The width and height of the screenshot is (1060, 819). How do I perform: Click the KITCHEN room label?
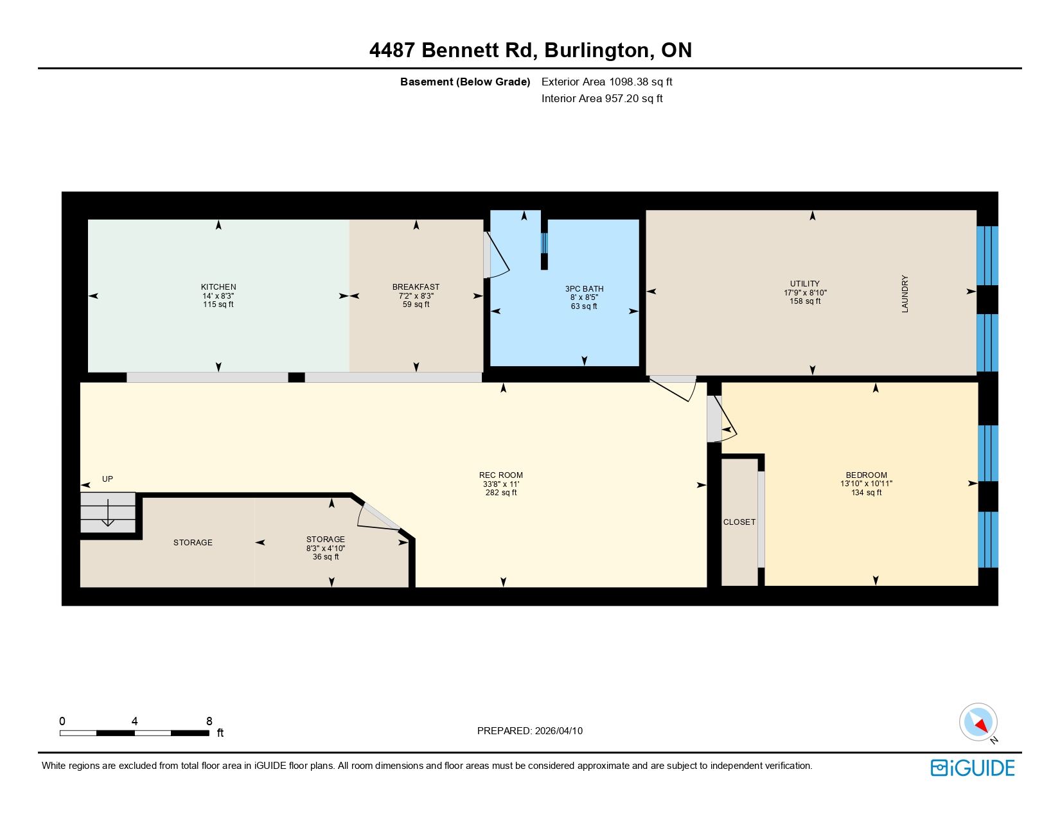(x=218, y=287)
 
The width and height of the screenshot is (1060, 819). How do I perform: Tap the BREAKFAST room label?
(x=416, y=287)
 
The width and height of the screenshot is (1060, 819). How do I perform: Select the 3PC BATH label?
(x=584, y=289)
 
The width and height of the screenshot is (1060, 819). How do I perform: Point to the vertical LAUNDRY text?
(x=905, y=294)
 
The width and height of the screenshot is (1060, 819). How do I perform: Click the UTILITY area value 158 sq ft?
(x=805, y=301)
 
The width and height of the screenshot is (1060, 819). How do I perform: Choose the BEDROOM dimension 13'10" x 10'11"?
(x=866, y=484)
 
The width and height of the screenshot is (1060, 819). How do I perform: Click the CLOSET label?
(x=739, y=522)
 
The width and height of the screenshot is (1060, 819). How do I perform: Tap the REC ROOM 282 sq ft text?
(x=501, y=493)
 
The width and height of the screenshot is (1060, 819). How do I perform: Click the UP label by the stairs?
(x=107, y=479)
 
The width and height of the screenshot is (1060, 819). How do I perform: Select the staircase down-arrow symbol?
(x=108, y=514)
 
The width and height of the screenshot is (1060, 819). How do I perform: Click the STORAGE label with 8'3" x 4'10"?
(x=325, y=540)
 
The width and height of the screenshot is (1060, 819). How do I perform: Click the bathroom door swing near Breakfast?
(x=497, y=257)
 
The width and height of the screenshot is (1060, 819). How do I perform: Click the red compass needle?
(x=980, y=727)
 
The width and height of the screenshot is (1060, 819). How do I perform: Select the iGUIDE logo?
(x=973, y=768)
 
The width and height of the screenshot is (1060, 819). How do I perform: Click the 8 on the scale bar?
(x=209, y=721)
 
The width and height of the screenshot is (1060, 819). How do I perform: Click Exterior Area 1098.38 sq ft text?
(x=606, y=82)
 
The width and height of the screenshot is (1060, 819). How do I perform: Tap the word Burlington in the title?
(x=597, y=50)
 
